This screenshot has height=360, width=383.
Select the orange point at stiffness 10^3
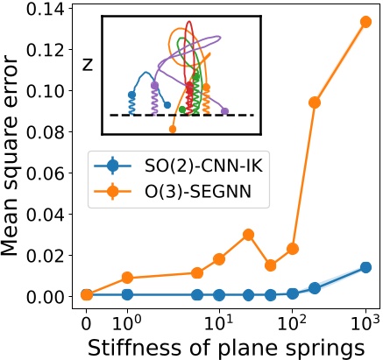tap(366, 21)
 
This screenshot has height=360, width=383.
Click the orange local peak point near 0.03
tap(248, 234)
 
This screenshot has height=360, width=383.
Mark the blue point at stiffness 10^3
tap(366, 267)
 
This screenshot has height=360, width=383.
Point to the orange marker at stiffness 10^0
tap(128, 278)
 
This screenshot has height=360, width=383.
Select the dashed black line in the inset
tap(131, 115)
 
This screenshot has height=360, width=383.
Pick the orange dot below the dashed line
tap(173, 129)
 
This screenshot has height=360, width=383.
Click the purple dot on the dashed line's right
tap(225, 111)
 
